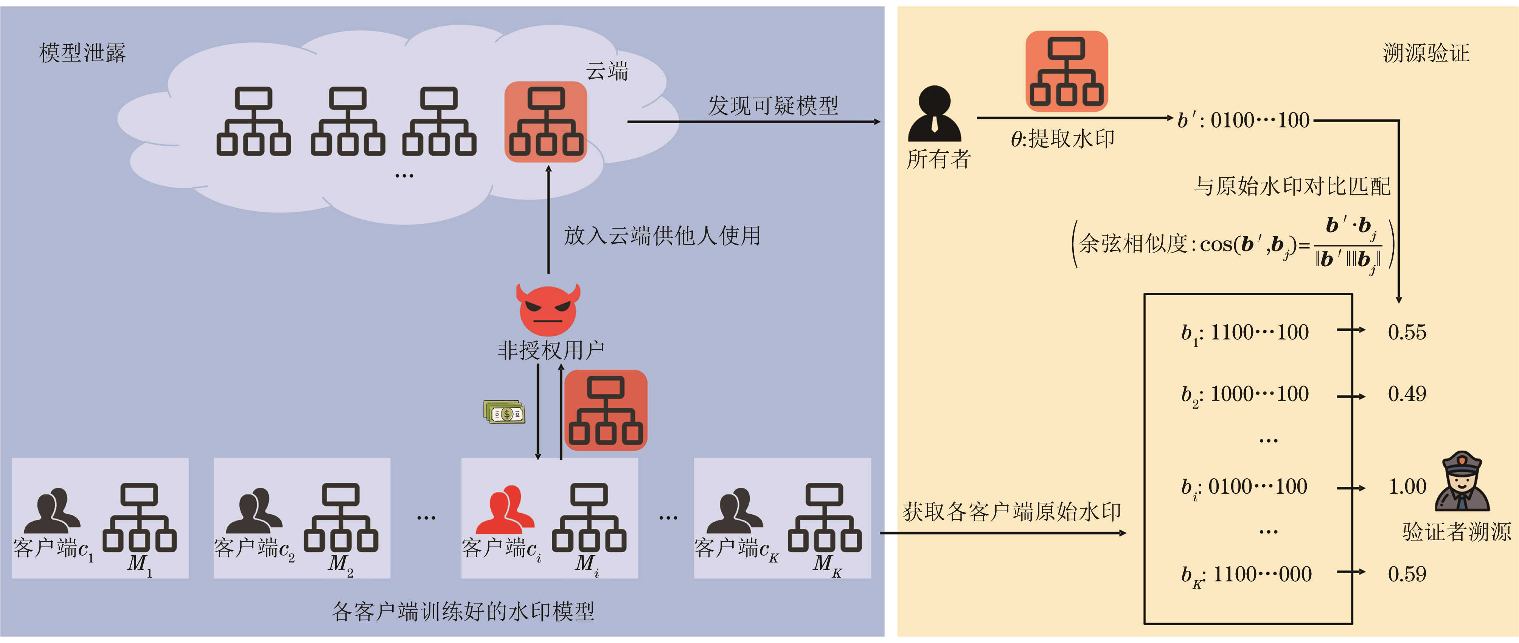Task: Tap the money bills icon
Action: (504, 412)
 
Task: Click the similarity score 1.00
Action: (1407, 487)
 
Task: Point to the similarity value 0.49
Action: (1407, 394)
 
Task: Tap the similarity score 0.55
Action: (1407, 332)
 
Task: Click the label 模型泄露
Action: (82, 53)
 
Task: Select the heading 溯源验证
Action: (1426, 53)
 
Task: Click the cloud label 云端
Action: (607, 71)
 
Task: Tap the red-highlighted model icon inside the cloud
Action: (545, 122)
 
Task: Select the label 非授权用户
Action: (551, 350)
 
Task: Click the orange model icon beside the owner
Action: (1066, 71)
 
